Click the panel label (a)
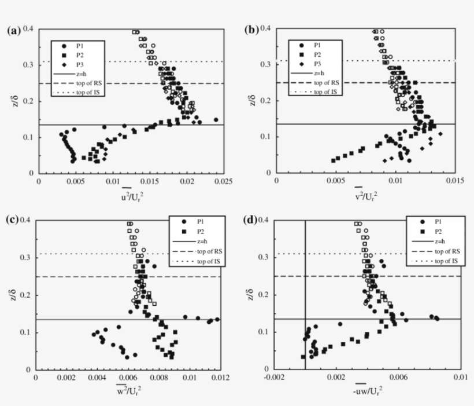pyautogui.click(x=14, y=31)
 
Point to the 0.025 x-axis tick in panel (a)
pyautogui.click(x=224, y=181)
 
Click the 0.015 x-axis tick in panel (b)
pyautogui.click(x=455, y=181)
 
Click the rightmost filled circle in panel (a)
pyautogui.click(x=216, y=120)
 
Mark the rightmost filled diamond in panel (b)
pyautogui.click(x=440, y=134)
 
